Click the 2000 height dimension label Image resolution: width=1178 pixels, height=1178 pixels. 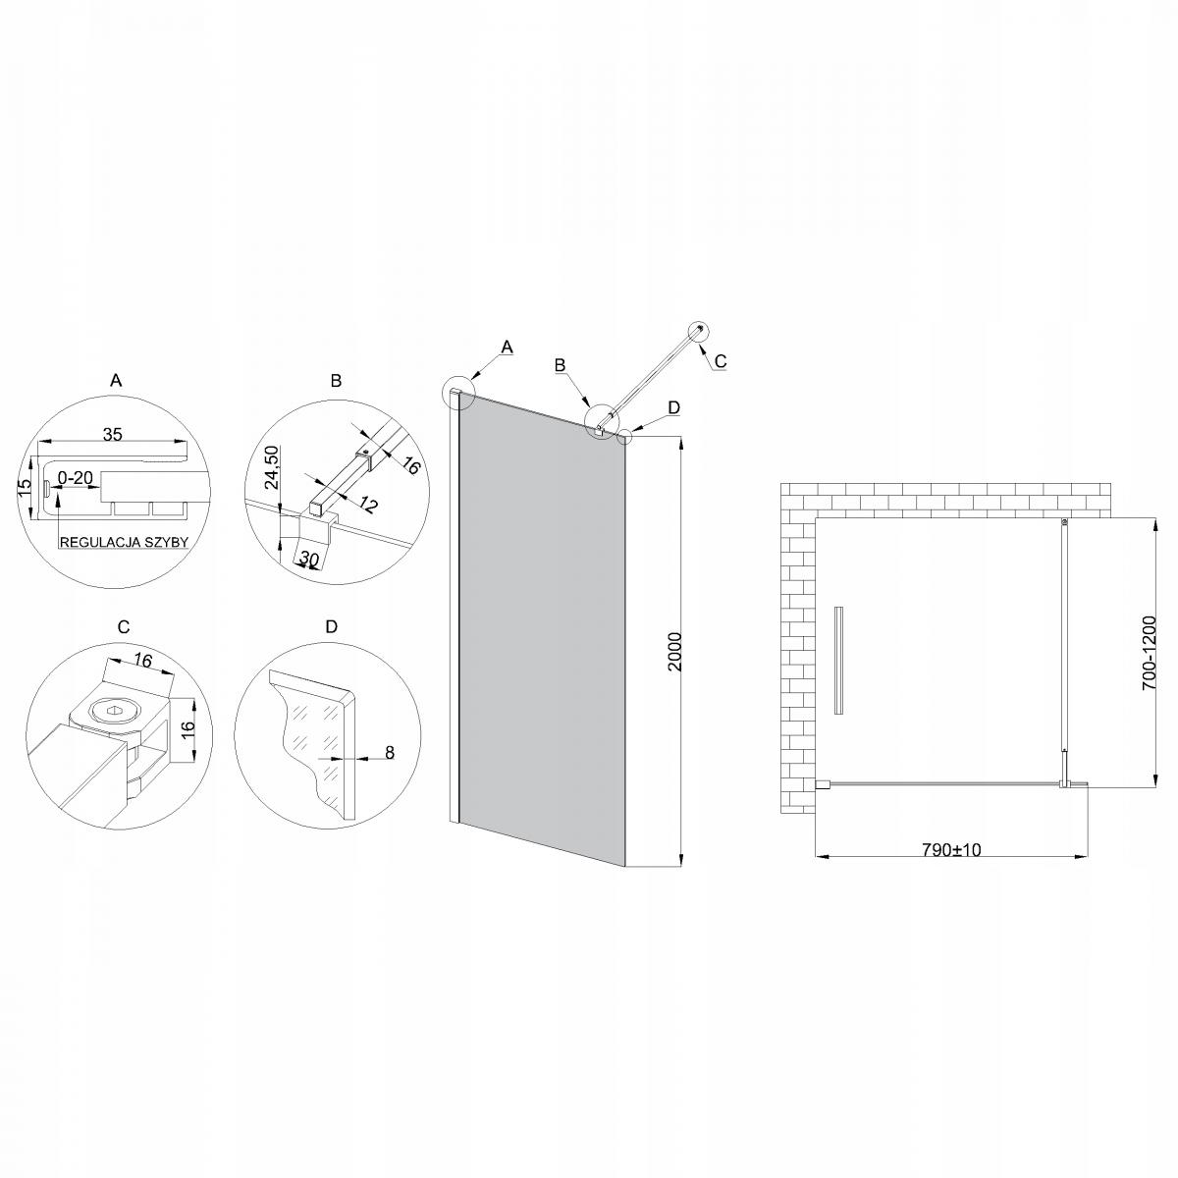click(672, 651)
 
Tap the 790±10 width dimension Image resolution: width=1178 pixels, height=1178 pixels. click(951, 849)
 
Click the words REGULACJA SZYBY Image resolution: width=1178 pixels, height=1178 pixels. click(124, 541)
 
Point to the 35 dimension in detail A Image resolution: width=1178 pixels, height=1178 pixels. click(112, 434)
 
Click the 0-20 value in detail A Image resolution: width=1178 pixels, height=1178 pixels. click(76, 478)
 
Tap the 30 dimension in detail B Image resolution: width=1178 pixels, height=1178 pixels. click(310, 560)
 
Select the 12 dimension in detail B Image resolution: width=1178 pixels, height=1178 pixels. click(368, 507)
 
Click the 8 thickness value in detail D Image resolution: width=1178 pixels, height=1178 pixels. click(389, 753)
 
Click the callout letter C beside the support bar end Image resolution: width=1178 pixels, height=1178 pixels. click(720, 361)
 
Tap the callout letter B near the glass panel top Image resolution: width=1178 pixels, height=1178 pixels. click(560, 365)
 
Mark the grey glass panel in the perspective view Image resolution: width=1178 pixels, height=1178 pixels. click(542, 628)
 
